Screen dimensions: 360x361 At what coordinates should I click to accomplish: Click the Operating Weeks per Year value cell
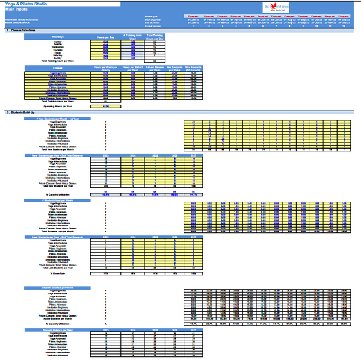(105, 106)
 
